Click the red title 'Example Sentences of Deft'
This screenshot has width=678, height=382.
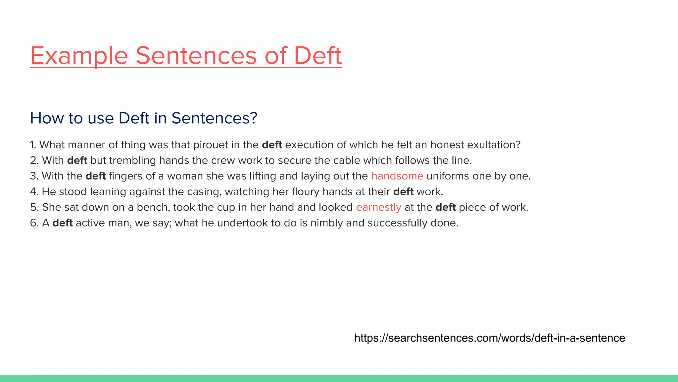[x=186, y=55]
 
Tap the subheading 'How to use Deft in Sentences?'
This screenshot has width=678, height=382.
[x=144, y=118]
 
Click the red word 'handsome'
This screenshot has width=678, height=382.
[x=397, y=176]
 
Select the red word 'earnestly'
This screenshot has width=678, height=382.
[x=378, y=208]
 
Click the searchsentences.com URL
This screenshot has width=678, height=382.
[x=489, y=338]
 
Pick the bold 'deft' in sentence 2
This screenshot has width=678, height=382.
[x=77, y=160]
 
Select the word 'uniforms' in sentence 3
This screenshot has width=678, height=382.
[x=448, y=176]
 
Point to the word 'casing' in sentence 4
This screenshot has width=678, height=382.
[x=204, y=192]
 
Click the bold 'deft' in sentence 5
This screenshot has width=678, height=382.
[x=446, y=207]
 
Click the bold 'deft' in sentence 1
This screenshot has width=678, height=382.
[x=272, y=145]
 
